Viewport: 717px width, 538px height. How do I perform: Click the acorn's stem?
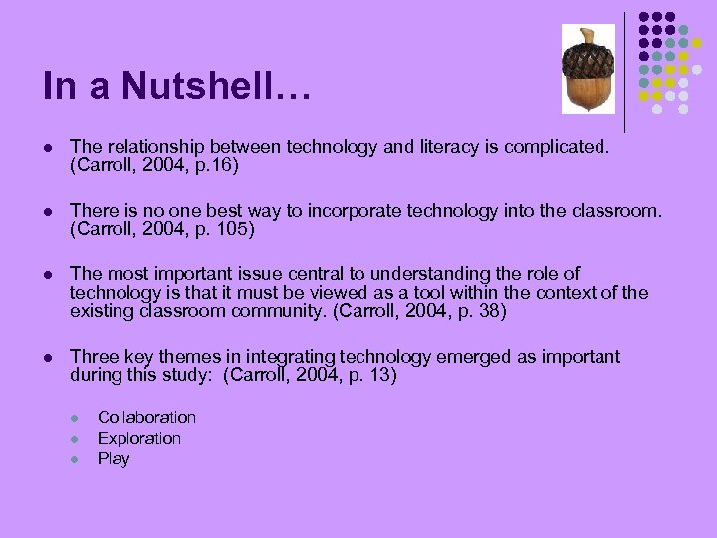tap(587, 35)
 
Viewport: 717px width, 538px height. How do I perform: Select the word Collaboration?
tap(146, 417)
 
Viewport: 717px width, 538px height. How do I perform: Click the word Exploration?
tap(139, 438)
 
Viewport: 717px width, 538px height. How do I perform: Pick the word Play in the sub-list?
tap(114, 459)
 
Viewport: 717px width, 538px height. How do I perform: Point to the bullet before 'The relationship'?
tap(48, 148)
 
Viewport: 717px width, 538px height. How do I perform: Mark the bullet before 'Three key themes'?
tap(48, 357)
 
